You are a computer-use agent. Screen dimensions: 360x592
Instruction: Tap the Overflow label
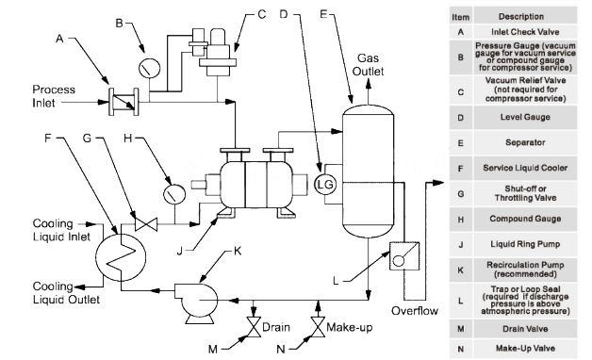[x=412, y=308]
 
